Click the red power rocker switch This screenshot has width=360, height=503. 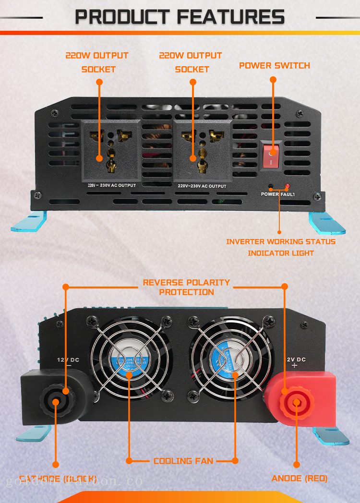pyautogui.click(x=272, y=156)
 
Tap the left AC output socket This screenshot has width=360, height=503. pyautogui.click(x=110, y=148)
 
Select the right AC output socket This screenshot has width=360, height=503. pyautogui.click(x=202, y=148)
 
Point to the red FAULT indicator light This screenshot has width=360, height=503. pyautogui.click(x=287, y=186)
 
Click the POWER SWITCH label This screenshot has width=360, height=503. pyautogui.click(x=274, y=66)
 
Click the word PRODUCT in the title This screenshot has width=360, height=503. pyautogui.click(x=124, y=17)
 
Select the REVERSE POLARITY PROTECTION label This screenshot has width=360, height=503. pyautogui.click(x=186, y=287)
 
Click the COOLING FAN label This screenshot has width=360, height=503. pyautogui.click(x=183, y=461)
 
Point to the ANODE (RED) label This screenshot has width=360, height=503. pyautogui.click(x=299, y=479)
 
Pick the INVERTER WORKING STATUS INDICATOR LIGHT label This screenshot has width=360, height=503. pyautogui.click(x=281, y=247)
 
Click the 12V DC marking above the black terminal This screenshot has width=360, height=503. pyautogui.click(x=67, y=359)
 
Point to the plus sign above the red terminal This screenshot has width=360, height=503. pyautogui.click(x=294, y=366)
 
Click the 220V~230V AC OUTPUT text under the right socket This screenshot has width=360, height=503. pyautogui.click(x=202, y=186)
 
